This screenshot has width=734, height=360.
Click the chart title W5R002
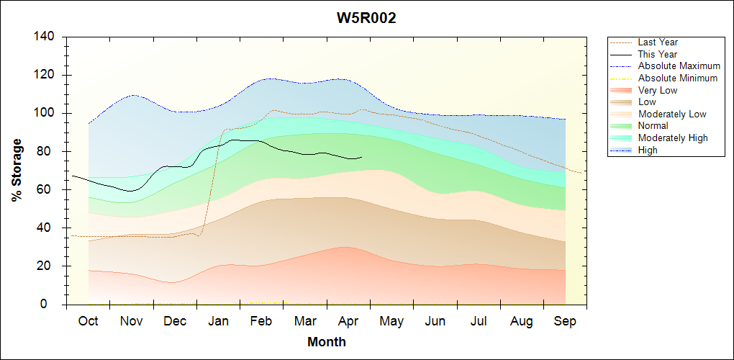click(367, 18)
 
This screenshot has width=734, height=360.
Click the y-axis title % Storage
click(17, 171)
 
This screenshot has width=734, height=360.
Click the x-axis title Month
click(327, 342)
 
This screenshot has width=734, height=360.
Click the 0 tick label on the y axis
click(54, 305)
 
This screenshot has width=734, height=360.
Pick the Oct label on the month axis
click(88, 321)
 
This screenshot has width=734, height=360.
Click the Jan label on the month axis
click(218, 321)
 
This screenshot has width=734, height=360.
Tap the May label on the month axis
click(391, 321)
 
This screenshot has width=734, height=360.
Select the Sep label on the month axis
click(565, 321)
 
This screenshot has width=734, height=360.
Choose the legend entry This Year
click(657, 54)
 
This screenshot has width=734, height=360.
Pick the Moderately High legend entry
click(673, 138)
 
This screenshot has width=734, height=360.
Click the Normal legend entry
click(653, 126)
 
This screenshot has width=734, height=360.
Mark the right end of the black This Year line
click(362, 157)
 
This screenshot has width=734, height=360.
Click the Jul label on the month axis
click(479, 321)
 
